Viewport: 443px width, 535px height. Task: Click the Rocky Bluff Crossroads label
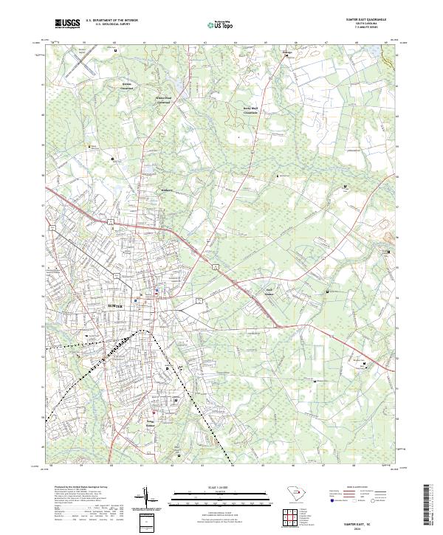[252, 111]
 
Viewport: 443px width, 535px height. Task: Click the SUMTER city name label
[113, 305]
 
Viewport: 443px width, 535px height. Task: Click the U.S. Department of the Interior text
[111, 21]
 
